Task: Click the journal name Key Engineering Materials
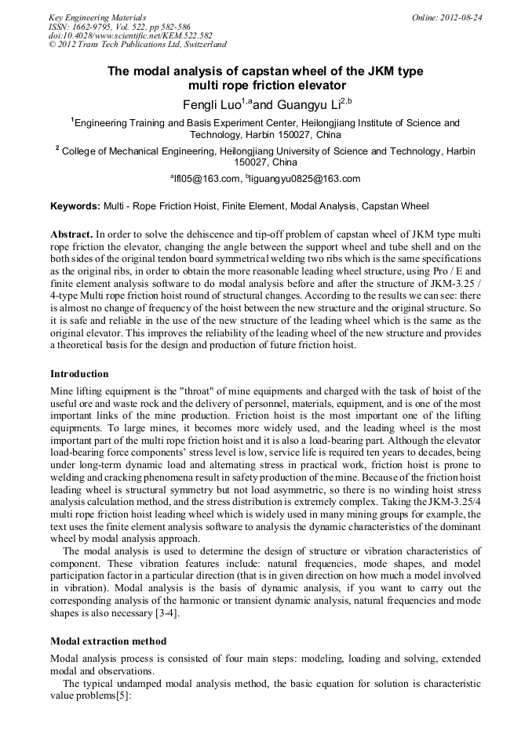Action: click(97, 16)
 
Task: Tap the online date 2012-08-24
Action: click(460, 16)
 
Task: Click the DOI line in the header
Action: click(130, 35)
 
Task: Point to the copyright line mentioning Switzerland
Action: click(137, 45)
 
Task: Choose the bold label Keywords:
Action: click(75, 207)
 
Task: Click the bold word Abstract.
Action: click(71, 234)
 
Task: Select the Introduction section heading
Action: click(79, 374)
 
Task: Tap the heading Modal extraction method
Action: click(108, 641)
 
